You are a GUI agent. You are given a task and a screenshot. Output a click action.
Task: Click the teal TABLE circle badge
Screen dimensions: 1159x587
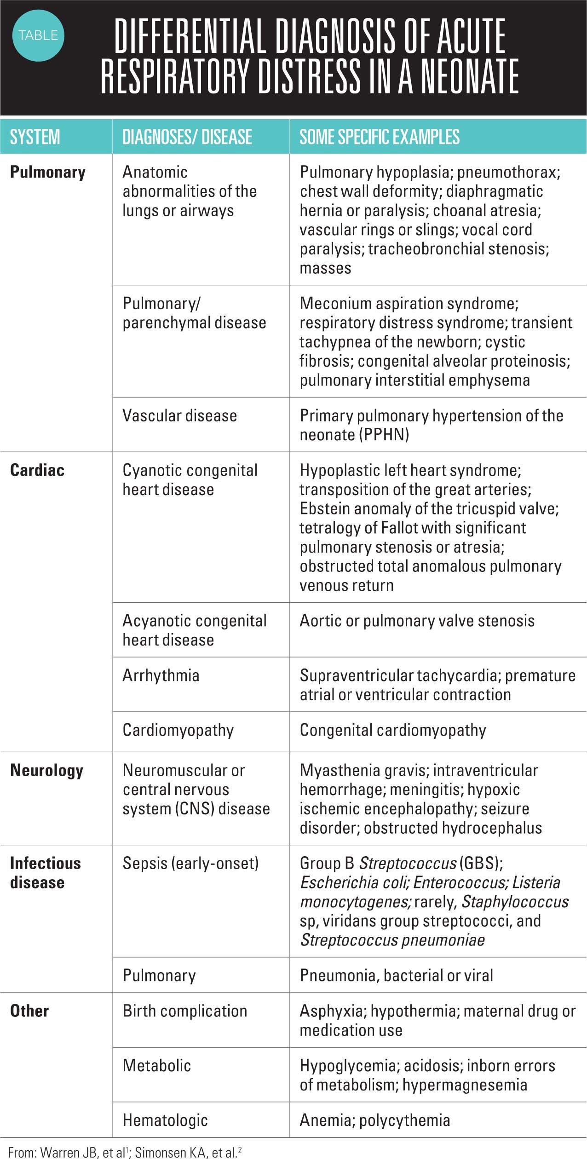pos(38,36)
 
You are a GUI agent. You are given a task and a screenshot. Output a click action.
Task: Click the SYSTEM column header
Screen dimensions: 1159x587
pos(35,137)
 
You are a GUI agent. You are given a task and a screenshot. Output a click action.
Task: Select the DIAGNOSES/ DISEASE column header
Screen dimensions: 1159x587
pos(187,137)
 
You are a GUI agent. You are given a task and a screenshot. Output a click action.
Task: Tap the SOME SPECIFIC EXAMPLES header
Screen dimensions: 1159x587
pos(380,137)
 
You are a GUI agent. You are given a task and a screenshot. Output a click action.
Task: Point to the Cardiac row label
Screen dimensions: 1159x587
pos(37,470)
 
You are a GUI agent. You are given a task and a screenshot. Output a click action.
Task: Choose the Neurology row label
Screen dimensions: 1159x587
pos(46,770)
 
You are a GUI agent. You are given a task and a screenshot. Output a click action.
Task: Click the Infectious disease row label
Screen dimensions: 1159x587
pos(45,873)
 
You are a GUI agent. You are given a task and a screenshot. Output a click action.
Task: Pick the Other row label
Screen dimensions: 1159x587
pos(29,1011)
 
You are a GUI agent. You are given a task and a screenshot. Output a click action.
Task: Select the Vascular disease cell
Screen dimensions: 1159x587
pos(179,415)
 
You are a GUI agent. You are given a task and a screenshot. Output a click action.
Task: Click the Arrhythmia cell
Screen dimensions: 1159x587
pos(161,675)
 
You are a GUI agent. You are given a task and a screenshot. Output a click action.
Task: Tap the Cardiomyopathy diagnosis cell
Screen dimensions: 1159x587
pos(178,730)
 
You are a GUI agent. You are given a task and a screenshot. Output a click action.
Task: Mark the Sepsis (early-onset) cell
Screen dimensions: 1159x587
pos(190,863)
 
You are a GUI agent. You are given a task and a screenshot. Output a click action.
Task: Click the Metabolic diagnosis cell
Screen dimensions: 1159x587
pos(156,1066)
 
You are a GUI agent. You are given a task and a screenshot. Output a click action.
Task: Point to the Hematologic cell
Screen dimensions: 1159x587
pos(165,1120)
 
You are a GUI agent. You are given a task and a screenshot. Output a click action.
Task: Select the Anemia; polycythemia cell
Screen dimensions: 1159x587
pos(374,1120)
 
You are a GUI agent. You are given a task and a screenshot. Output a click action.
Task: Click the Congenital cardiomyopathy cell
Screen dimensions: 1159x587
pos(393,730)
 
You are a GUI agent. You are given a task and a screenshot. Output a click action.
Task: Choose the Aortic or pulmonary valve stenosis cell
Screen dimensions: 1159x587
pos(417,621)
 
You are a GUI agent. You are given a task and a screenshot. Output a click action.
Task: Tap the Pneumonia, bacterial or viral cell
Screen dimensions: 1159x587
pos(396,975)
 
